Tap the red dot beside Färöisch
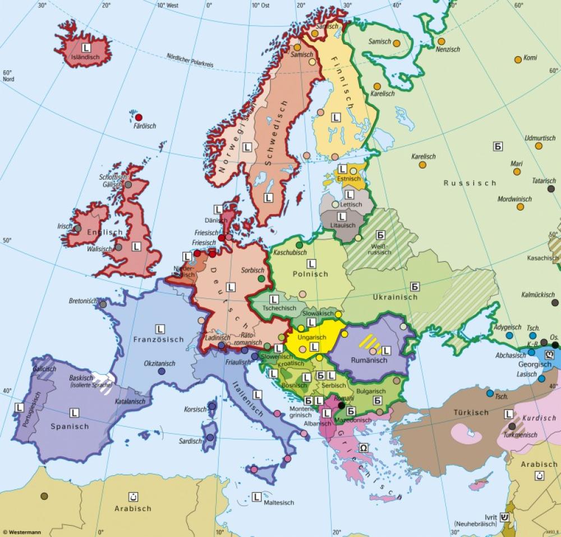pyautogui.click(x=139, y=117)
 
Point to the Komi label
pyautogui.click(x=530, y=58)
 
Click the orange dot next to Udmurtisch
pyautogui.click(x=539, y=146)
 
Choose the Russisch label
pyautogui.click(x=470, y=183)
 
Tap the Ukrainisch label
pyautogui.click(x=394, y=297)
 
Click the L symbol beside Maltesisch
pyautogui.click(x=257, y=496)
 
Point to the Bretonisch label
pyautogui.click(x=83, y=301)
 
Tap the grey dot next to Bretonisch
pyautogui.click(x=103, y=304)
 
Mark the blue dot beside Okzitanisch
pyautogui.click(x=162, y=371)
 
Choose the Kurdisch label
pyautogui.click(x=539, y=418)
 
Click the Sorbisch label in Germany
pyautogui.click(x=252, y=270)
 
